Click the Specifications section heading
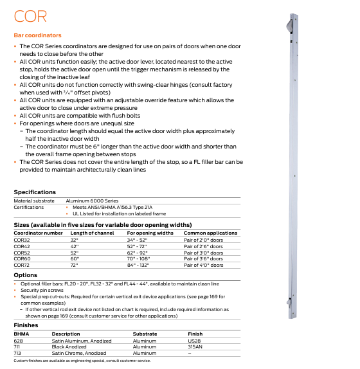(x=35, y=192)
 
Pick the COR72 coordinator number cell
(x=22, y=264)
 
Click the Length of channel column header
(x=92, y=233)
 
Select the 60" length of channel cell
(x=75, y=258)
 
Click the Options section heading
(x=26, y=274)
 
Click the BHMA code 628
(x=18, y=341)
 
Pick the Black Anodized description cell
(x=69, y=346)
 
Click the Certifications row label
(x=28, y=207)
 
